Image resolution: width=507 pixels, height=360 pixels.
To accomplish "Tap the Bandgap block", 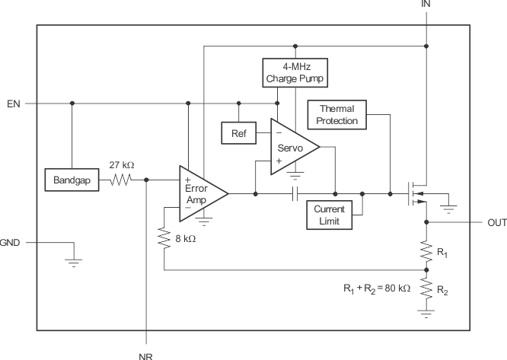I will pyautogui.click(x=72, y=180).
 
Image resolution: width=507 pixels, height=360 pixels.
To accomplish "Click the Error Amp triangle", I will pyautogui.click(x=200, y=193).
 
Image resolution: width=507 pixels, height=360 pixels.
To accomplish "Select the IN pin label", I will pyautogui.click(x=426, y=5).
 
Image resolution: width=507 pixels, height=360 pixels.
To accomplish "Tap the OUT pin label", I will pyautogui.click(x=491, y=223).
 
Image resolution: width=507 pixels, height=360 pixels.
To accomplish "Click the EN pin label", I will pyautogui.click(x=13, y=103).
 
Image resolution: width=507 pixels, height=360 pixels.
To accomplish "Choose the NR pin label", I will pyautogui.click(x=147, y=353).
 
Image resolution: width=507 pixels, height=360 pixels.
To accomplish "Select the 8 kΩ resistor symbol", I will pyautogui.click(x=164, y=239).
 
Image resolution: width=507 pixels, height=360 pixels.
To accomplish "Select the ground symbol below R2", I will pyautogui.click(x=426, y=311).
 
